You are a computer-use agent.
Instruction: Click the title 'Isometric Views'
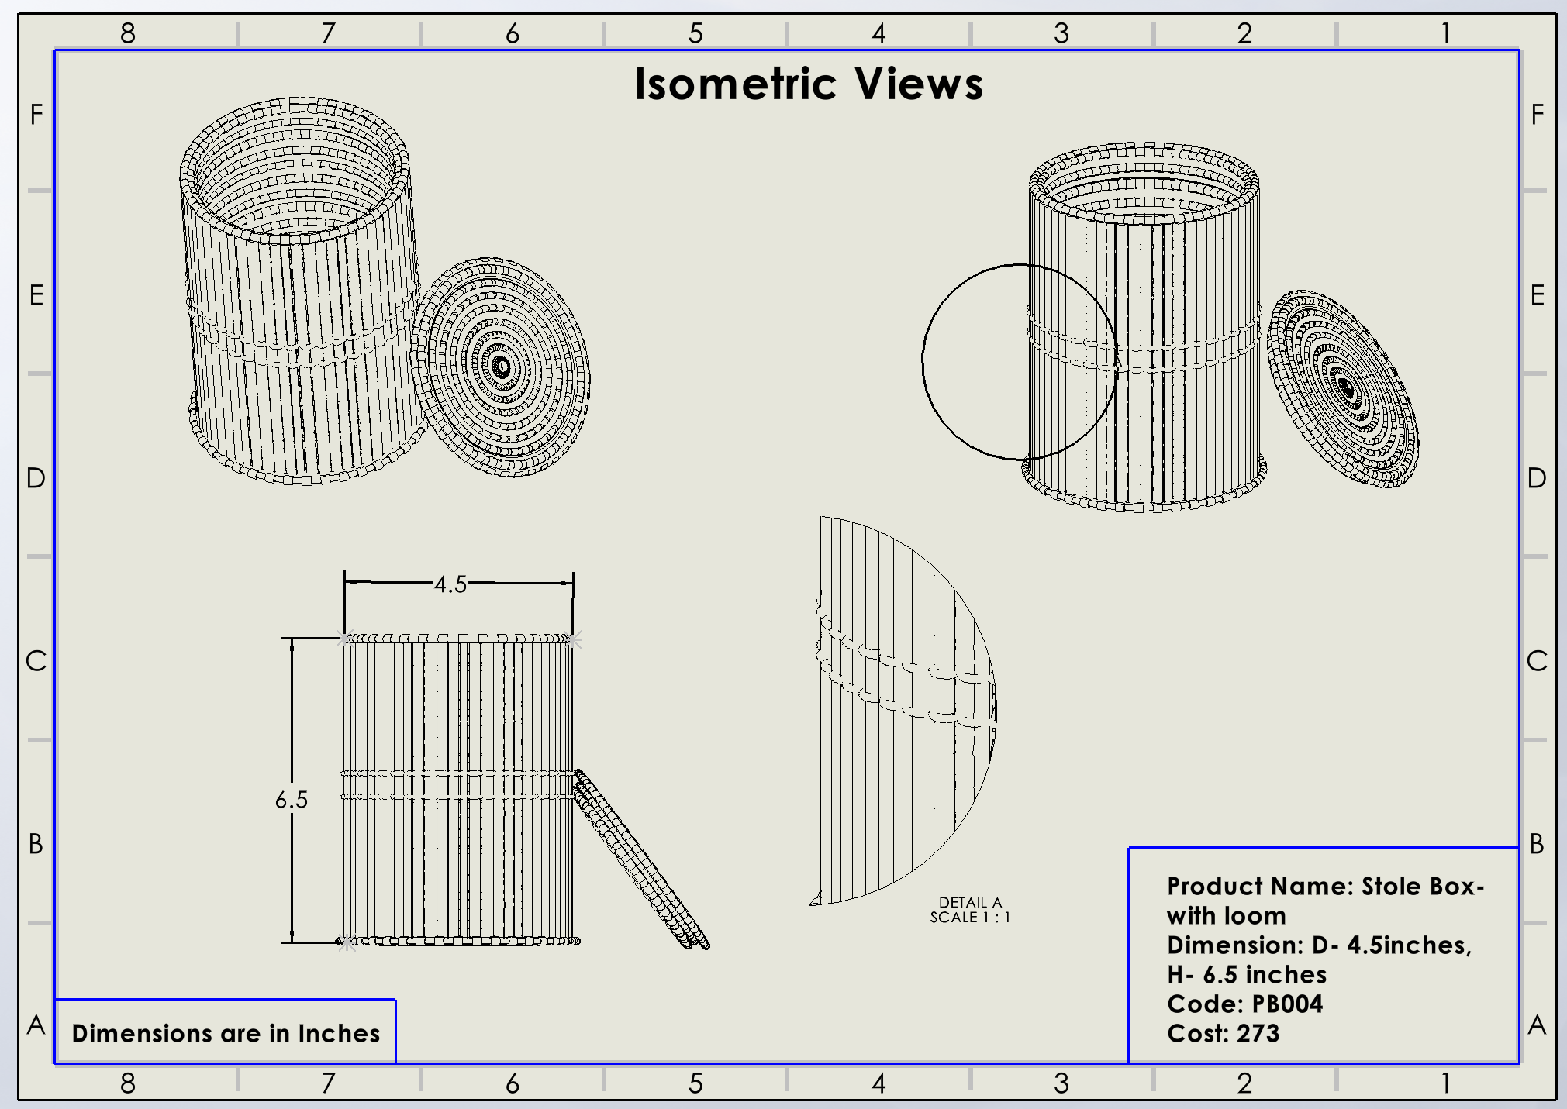pos(809,84)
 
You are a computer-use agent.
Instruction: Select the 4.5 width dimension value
pos(450,584)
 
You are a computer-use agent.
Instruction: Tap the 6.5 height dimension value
pos(292,800)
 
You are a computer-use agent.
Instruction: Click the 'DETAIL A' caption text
pos(970,902)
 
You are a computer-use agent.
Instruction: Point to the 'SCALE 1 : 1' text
pos(970,918)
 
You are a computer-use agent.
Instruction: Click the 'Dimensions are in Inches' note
pos(226,1033)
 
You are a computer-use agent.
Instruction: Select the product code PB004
pos(1287,1004)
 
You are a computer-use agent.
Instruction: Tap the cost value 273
pos(1258,1034)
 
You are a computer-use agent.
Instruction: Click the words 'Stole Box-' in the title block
pos(1423,887)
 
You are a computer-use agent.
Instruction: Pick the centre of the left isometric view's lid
pos(501,367)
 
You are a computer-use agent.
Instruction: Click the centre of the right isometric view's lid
pos(1345,387)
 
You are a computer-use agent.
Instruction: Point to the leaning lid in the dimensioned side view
pos(640,860)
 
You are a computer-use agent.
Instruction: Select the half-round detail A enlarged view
pos(899,709)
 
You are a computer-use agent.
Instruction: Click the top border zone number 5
pos(695,33)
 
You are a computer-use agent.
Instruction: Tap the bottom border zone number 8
pos(128,1083)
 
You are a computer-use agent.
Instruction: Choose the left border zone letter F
pos(36,115)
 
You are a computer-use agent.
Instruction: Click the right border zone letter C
pos(1537,661)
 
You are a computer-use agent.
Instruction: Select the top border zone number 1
pos(1445,33)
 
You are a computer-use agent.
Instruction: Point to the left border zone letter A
pos(36,1025)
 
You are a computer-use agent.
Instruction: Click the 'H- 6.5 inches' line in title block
pos(1247,975)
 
